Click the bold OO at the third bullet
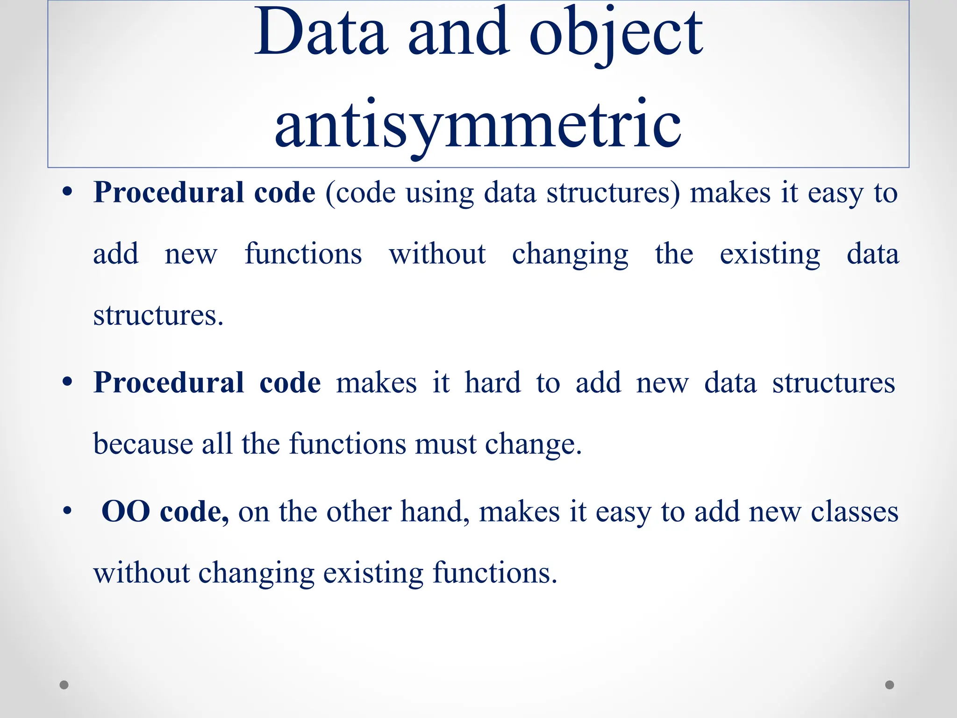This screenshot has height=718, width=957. click(x=126, y=511)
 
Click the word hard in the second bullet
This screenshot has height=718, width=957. click(x=493, y=383)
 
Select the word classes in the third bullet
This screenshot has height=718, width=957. click(x=854, y=511)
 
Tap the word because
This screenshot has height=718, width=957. click(x=143, y=444)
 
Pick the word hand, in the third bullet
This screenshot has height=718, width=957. click(x=435, y=511)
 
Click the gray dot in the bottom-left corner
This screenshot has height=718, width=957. click(x=64, y=685)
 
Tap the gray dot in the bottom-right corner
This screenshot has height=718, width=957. click(x=890, y=685)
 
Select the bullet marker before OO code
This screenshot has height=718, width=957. click(x=67, y=511)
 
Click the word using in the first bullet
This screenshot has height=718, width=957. click(x=440, y=194)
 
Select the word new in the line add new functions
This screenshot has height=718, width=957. click(x=191, y=254)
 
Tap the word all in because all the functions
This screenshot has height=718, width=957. click(x=217, y=444)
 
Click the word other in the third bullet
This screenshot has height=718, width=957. click(x=359, y=511)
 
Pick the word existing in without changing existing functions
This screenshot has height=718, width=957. click(x=373, y=573)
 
